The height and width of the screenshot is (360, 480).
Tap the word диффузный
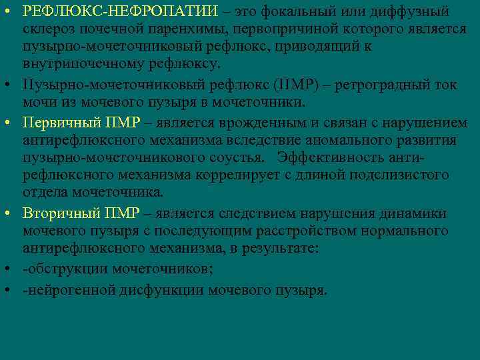[x=411, y=12]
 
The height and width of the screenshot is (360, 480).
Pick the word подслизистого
[x=399, y=175]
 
